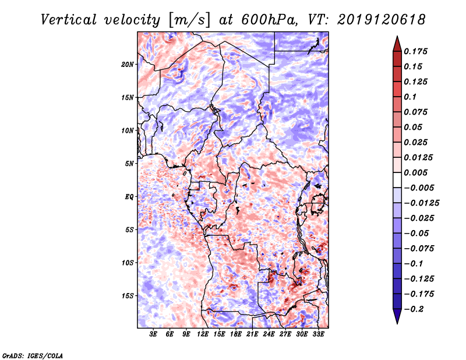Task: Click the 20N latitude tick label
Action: click(128, 64)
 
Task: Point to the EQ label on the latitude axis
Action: click(129, 197)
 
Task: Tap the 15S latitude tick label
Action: click(128, 296)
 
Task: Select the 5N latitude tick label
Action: click(130, 164)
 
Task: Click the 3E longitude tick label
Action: click(153, 335)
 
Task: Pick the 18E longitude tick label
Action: click(236, 335)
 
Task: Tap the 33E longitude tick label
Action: click(319, 335)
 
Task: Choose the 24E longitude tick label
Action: click(269, 335)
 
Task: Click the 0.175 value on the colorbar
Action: click(417, 51)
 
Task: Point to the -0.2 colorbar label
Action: click(415, 309)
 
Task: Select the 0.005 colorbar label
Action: click(417, 172)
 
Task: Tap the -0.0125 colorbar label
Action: click(423, 203)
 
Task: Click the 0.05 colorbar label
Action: click(414, 127)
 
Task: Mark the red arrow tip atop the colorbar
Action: click(397, 40)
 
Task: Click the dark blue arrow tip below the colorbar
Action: click(397, 319)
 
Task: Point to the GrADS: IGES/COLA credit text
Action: click(33, 355)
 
